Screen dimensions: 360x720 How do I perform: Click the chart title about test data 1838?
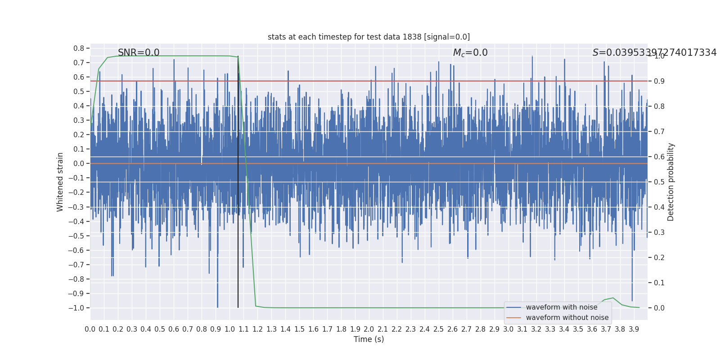click(x=369, y=37)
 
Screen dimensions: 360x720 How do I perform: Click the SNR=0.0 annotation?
click(x=139, y=53)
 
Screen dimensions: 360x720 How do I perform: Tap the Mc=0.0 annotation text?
click(x=470, y=53)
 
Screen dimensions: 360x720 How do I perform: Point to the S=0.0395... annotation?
click(x=654, y=53)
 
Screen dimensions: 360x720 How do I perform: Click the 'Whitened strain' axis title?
click(x=60, y=182)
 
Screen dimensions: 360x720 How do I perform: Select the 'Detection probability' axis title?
click(x=671, y=182)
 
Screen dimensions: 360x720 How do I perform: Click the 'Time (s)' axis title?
click(x=369, y=339)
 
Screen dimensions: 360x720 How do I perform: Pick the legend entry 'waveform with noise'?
click(x=561, y=307)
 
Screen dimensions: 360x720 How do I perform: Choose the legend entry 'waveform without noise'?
click(x=567, y=318)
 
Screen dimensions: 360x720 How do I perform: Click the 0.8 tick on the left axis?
click(x=79, y=48)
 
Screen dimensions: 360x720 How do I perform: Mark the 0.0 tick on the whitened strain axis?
click(x=79, y=163)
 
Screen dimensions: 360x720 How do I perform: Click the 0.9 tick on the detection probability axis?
click(x=659, y=81)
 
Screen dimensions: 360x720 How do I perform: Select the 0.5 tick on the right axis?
click(x=659, y=182)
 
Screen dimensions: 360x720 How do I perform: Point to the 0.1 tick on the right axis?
click(x=659, y=283)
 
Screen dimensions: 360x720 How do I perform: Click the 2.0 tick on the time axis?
click(x=369, y=329)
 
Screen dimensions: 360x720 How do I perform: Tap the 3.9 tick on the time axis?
click(x=634, y=329)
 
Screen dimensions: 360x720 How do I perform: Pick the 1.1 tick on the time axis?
click(x=243, y=329)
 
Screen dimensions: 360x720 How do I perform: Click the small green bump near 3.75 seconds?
click(x=612, y=298)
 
